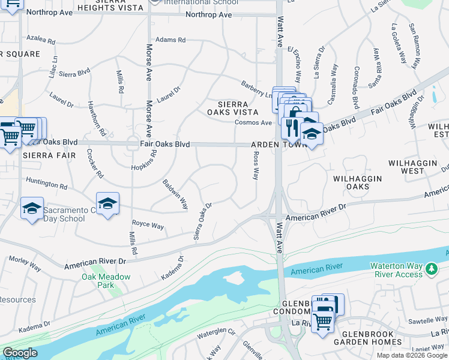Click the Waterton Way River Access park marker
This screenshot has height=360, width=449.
[430, 269]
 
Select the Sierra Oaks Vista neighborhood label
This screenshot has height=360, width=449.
[233, 108]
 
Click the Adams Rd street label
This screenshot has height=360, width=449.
[170, 40]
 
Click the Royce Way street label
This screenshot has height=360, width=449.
[148, 226]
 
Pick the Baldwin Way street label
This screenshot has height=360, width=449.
[175, 194]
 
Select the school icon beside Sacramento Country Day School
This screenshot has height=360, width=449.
[32, 208]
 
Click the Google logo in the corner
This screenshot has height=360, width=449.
[19, 353]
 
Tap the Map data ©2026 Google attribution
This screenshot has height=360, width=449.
[412, 355]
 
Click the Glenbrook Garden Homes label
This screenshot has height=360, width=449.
[368, 338]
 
